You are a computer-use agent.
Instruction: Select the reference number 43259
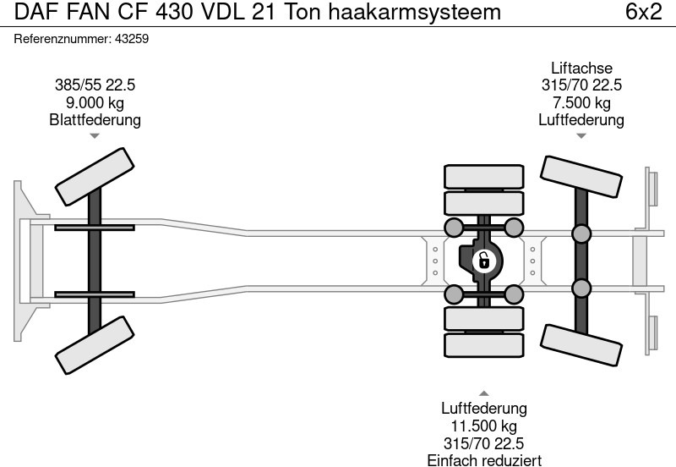coord(132,39)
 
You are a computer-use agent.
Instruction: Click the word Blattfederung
coord(95,120)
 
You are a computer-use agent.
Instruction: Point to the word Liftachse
coord(581,69)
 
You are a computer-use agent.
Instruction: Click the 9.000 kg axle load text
coord(95,102)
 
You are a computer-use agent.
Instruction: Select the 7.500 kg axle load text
coord(581,102)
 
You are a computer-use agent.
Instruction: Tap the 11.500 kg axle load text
coord(484,426)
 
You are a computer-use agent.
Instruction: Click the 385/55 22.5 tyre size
coord(95,85)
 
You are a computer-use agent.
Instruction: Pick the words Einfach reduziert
coord(484,460)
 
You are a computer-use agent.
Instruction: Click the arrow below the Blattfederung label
coord(95,137)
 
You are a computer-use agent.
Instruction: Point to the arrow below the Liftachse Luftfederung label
coord(581,136)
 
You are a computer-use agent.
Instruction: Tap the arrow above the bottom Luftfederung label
coord(484,393)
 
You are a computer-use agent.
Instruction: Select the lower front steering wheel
coord(94,344)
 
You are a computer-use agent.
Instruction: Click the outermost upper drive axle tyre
coord(484,177)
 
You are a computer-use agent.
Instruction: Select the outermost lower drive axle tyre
coord(484,344)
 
